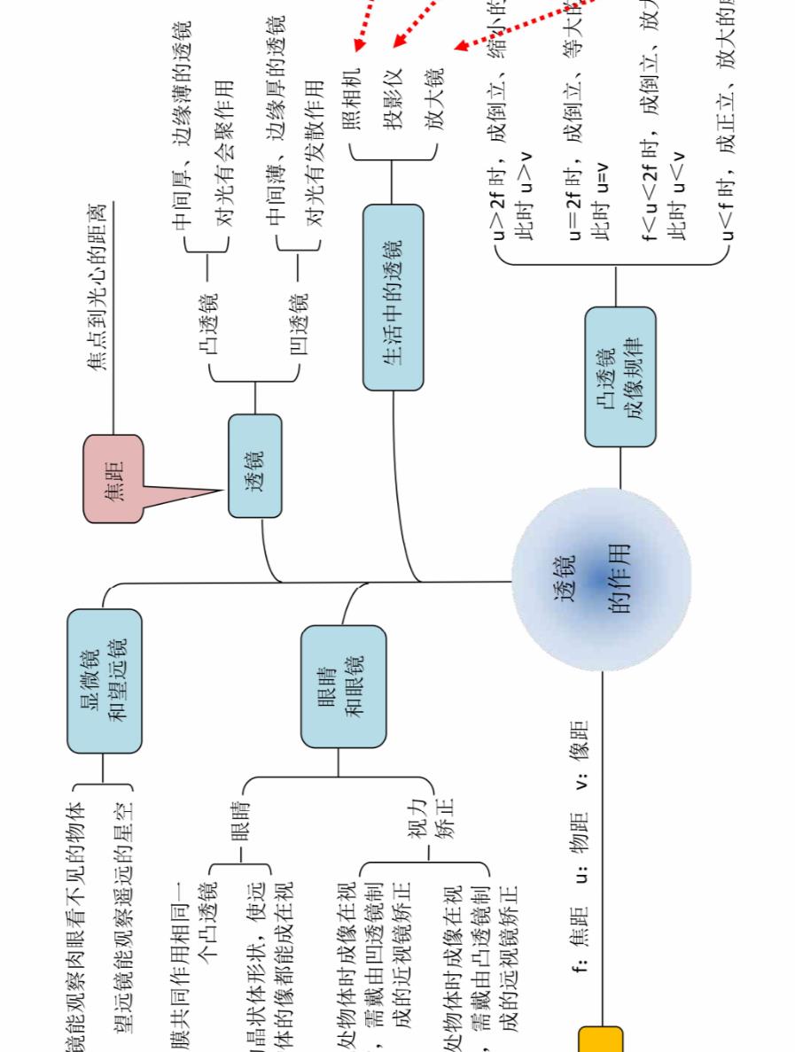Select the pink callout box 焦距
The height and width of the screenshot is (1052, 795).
(x=113, y=478)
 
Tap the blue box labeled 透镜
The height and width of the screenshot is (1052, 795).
(x=254, y=466)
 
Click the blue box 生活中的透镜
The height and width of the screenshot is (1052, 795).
(x=393, y=298)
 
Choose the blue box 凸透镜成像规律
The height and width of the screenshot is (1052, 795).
(x=620, y=376)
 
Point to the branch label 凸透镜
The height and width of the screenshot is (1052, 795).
(x=210, y=327)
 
